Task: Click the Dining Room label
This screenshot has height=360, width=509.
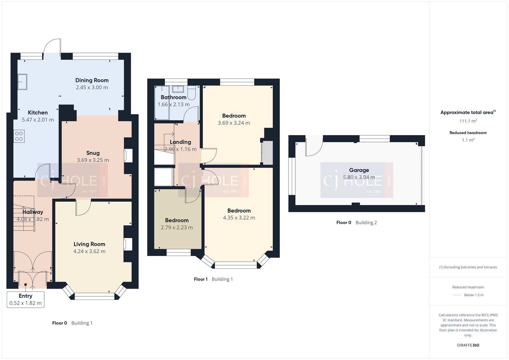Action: [x=92, y=80]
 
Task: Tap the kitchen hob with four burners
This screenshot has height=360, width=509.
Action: [x=19, y=136]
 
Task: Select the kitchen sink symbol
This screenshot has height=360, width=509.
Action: [x=22, y=82]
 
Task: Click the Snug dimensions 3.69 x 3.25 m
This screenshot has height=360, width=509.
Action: [x=93, y=160]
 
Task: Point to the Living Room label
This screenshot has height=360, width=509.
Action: [x=89, y=244]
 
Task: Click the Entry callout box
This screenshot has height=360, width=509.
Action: [x=25, y=299]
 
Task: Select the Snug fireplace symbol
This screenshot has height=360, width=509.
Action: [x=128, y=156]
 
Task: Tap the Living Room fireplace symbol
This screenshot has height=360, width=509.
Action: [x=128, y=244]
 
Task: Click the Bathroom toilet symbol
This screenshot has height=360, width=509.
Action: [x=192, y=93]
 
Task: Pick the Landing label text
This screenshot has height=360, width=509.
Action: [x=180, y=142]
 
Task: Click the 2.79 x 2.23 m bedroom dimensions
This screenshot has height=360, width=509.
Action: [x=177, y=228]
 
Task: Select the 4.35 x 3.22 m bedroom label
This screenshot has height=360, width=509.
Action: [x=239, y=211]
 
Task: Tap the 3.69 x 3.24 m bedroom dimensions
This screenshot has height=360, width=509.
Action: [x=234, y=123]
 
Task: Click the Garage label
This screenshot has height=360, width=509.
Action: [x=359, y=170]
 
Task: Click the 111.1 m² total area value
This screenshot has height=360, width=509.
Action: [x=468, y=121]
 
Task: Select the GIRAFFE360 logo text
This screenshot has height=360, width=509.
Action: [x=468, y=345]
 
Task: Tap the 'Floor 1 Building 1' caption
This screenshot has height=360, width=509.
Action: [x=213, y=279]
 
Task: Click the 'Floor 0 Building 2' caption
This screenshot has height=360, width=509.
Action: [x=356, y=222]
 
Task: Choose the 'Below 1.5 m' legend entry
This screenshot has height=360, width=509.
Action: [x=473, y=295]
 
